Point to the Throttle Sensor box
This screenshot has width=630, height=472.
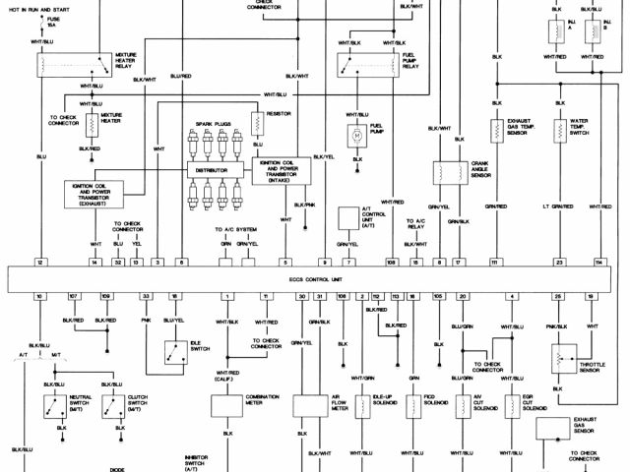click(564, 358)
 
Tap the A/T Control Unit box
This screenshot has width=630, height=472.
click(347, 218)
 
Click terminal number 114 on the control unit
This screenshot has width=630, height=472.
click(598, 264)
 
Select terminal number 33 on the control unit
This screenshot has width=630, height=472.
click(146, 296)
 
